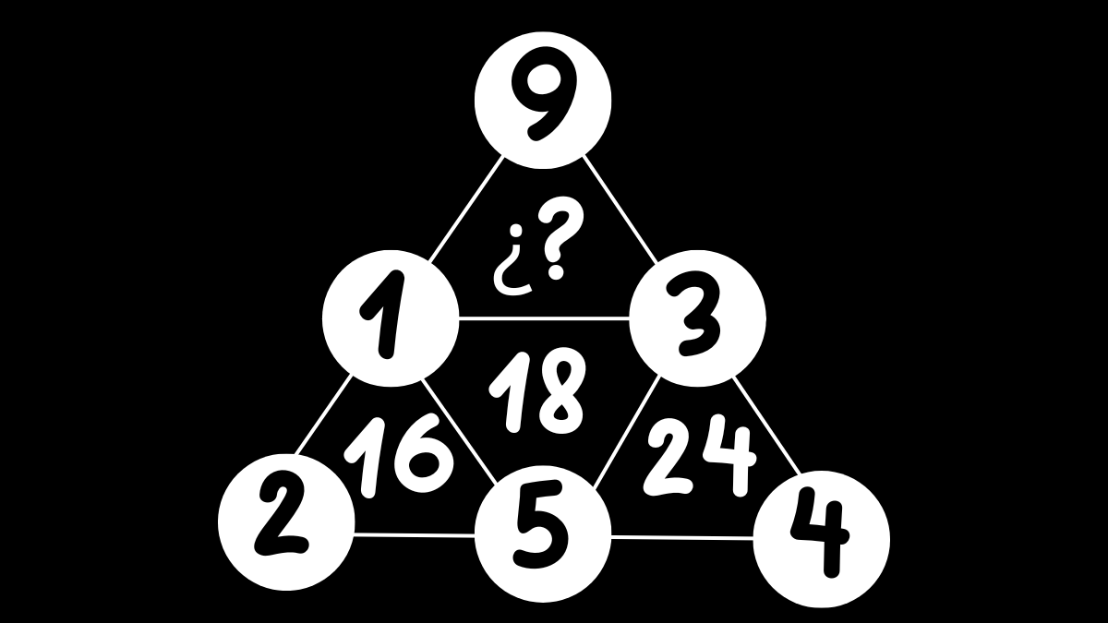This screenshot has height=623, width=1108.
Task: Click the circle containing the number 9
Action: tap(542, 100)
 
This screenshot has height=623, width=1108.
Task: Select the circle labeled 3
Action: tap(697, 318)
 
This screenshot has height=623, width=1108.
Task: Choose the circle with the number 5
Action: tap(542, 533)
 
